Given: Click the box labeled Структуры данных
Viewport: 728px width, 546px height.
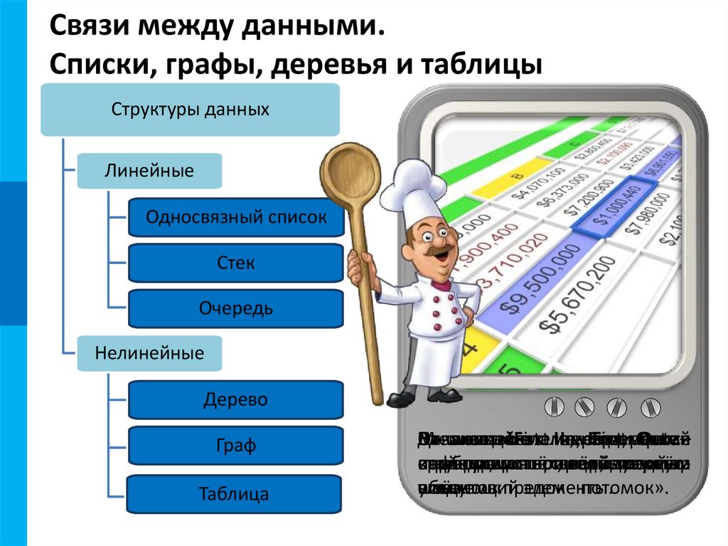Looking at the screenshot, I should tap(190, 110).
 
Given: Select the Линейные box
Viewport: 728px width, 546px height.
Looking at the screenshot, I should tap(149, 171).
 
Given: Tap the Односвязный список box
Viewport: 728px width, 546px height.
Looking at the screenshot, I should tap(236, 218).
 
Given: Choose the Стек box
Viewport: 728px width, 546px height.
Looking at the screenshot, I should tap(236, 263).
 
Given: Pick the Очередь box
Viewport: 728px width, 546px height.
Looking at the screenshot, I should tap(236, 309).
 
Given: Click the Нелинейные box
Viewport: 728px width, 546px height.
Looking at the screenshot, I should tap(149, 353).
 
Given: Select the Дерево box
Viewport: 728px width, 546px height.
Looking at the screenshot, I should tap(235, 399).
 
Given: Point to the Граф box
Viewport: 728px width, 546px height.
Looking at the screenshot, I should tap(235, 446).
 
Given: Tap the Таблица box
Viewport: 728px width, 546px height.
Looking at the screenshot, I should tap(234, 494).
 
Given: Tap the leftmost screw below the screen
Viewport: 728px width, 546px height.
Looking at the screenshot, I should tap(556, 408).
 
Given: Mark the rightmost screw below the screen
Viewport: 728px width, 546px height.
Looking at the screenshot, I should tap(649, 408).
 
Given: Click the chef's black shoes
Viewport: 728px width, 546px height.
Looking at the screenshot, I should tap(427, 397).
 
